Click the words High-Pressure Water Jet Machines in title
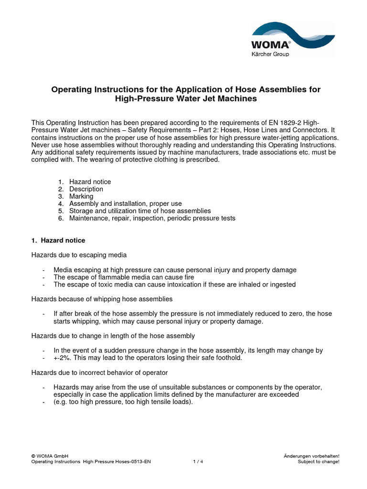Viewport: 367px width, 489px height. coord(186,99)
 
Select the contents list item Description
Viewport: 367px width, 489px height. coord(86,189)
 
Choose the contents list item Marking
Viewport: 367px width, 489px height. coord(81,196)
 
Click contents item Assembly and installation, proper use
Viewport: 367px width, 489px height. coord(125,203)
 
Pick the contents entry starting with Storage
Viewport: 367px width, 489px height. coord(140,211)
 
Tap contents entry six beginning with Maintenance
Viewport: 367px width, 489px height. coord(152,218)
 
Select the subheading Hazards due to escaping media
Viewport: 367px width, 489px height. coord(79,255)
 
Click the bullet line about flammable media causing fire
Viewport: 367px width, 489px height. coord(124,277)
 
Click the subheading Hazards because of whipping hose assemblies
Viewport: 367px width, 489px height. coord(102,299)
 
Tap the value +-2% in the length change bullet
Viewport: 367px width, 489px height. coord(63,358)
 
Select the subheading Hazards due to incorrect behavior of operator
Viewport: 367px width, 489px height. coord(99,372)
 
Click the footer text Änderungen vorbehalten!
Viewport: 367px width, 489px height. coord(311,456)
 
